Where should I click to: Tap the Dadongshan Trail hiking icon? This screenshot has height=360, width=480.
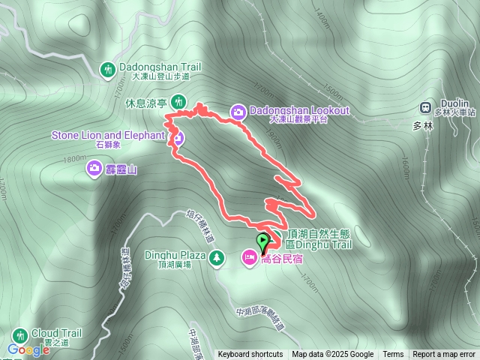click(x=108, y=70)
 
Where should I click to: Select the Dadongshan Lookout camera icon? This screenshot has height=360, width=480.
click(x=238, y=111)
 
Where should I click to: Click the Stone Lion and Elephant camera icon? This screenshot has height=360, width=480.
click(x=178, y=137)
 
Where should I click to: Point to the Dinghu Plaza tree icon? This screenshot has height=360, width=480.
click(x=216, y=258)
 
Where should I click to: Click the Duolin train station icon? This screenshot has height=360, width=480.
click(x=427, y=107)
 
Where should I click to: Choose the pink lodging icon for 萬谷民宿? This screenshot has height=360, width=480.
click(x=248, y=258)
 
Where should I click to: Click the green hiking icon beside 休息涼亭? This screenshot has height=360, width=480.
click(x=178, y=101)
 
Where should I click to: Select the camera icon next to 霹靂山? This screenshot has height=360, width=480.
click(x=94, y=167)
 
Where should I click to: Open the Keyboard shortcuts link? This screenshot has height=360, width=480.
click(x=250, y=355)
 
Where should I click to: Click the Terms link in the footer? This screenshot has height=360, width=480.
click(x=393, y=355)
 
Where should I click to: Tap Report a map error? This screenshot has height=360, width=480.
click(x=445, y=355)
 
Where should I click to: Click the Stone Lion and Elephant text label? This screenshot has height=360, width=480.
click(x=107, y=135)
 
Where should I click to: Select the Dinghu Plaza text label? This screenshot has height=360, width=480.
click(x=171, y=254)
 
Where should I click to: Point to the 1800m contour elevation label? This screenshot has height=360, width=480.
click(x=75, y=159)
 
